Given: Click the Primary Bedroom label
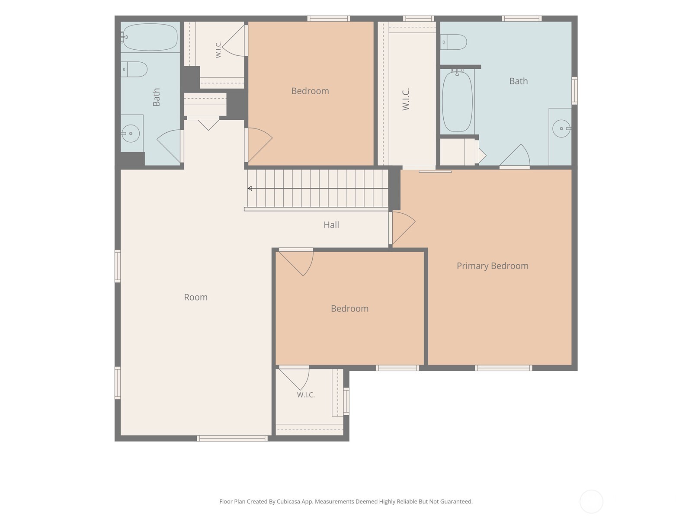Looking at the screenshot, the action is tap(493, 266).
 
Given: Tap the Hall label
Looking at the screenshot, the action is tap(331, 224).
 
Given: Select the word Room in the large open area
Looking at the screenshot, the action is tap(196, 297).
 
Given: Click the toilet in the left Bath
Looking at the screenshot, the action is tap(134, 69).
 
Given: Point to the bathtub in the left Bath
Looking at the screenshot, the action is tap(150, 37).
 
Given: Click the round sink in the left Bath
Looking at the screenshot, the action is tap(131, 133).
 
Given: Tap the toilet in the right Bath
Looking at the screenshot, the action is tap(453, 42).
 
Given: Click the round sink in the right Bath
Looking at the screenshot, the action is tap(561, 128).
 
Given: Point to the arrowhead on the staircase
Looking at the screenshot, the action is tap(250, 189).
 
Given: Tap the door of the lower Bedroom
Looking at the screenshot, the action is tap(296, 262).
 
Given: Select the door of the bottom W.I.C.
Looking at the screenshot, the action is tap(294, 378).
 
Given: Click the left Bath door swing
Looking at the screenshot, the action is tap(169, 146).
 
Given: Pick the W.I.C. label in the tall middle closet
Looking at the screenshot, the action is tap(406, 99).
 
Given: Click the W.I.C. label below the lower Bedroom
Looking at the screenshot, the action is tap(306, 395).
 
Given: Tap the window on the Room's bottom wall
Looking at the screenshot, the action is tap(232, 438).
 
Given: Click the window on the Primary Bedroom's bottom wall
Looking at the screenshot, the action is tap(504, 368).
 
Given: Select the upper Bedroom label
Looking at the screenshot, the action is tap(310, 91).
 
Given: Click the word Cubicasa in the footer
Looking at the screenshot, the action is tap(289, 502).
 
